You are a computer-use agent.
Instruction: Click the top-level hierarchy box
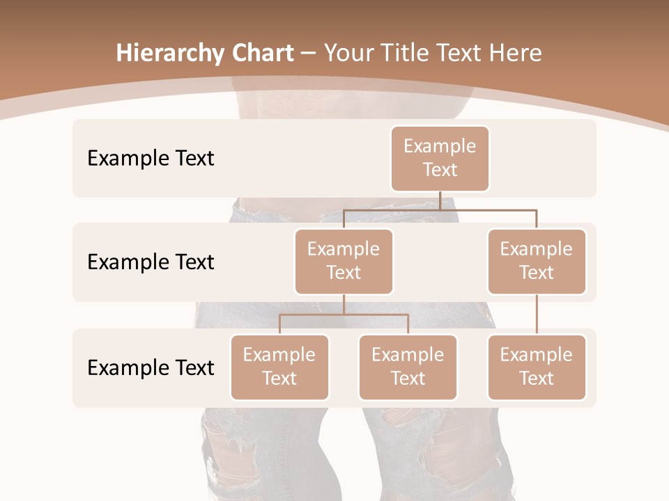(x=440, y=159)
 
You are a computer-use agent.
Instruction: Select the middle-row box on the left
(x=344, y=262)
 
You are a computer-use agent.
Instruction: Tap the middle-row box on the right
(x=537, y=262)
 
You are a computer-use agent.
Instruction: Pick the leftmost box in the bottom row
(x=279, y=367)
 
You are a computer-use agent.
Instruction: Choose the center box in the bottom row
(x=408, y=367)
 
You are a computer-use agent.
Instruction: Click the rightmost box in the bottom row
(x=537, y=367)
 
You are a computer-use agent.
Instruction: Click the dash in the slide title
(x=309, y=54)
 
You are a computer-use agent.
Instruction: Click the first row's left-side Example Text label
(x=151, y=159)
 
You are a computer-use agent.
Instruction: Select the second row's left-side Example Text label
(x=151, y=262)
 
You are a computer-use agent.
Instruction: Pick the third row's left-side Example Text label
(x=151, y=368)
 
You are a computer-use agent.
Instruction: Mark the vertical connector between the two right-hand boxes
(x=537, y=315)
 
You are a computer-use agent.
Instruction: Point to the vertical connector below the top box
(x=440, y=200)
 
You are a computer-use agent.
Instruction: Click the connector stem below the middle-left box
(x=344, y=305)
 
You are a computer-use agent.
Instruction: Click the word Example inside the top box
(x=440, y=146)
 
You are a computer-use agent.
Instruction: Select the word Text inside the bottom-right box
(x=537, y=379)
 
